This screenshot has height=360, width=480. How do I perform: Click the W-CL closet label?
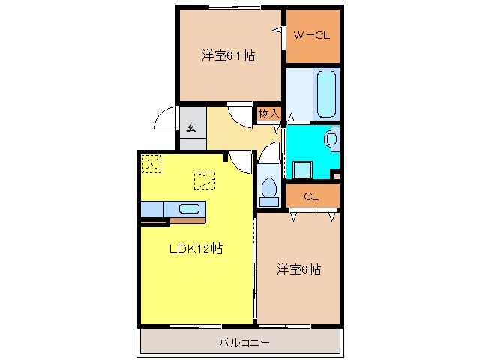coord(312,35)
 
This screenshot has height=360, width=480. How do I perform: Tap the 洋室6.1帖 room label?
coord(228,55)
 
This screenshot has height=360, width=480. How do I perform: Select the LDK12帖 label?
coord(196,248)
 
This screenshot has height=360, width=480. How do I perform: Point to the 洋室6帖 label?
coord(298,269)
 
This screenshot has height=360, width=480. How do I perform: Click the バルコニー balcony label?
coord(244,342)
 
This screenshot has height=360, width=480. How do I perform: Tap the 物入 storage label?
coord(268,113)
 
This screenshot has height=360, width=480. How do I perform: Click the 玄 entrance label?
coord(191,127)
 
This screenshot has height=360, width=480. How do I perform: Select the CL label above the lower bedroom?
coord(311,196)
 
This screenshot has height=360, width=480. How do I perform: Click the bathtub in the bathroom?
coord(326,94)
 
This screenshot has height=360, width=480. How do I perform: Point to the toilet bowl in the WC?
coord(269,187)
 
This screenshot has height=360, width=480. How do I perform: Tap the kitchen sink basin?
coord(189,208)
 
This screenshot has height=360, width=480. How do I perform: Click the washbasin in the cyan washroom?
coord(331,139)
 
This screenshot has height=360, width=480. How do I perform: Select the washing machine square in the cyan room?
coord(302,170)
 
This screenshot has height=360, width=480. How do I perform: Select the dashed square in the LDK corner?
coord(151,164)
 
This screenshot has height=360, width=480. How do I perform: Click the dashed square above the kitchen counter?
coord(205,181)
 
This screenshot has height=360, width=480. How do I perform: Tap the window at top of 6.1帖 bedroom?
coord(235,7)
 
